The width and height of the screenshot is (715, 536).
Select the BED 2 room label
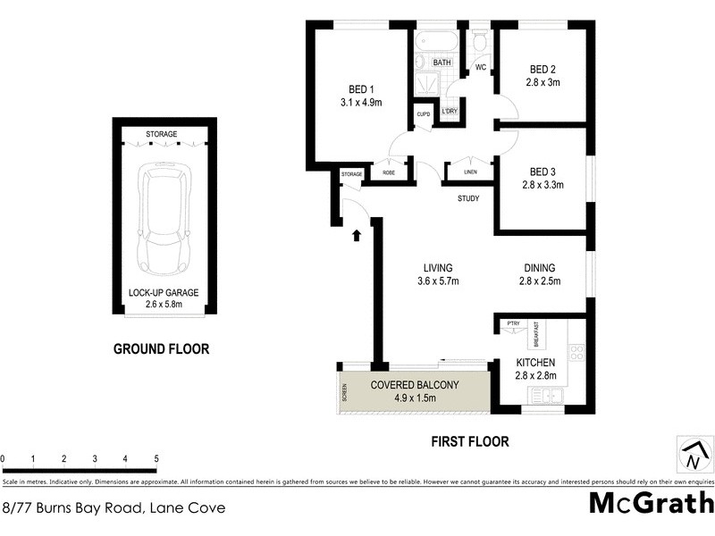pos(543,70)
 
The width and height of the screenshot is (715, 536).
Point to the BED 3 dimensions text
pos(543,186)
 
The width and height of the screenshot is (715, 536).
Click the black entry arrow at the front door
pos(357,236)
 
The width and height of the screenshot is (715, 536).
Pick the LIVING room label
pos(438,268)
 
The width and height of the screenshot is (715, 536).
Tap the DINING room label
pos(540,268)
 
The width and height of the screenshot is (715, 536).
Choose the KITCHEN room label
pos(536,362)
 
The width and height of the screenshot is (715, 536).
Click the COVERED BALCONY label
pos(414,385)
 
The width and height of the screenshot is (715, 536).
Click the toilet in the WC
pos(480,42)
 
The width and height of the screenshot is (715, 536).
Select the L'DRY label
pos(450,112)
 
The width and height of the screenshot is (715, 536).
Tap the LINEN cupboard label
pos(470,172)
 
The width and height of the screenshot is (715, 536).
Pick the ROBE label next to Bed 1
pos(389,172)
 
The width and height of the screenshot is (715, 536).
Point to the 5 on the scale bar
pos(156,459)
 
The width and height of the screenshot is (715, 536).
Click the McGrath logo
pos(652,502)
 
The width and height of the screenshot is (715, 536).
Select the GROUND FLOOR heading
pos(161,349)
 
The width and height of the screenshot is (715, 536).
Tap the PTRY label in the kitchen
pos(513,323)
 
